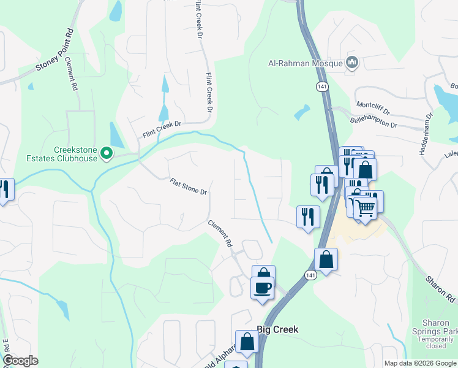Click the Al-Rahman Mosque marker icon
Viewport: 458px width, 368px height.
(352, 63)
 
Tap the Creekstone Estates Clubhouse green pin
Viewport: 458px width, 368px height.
(107, 152)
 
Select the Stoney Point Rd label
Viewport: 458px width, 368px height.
(55, 50)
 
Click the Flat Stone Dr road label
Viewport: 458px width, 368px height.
(189, 187)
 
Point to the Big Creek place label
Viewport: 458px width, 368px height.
(277, 329)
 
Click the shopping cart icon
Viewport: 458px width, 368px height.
(366, 208)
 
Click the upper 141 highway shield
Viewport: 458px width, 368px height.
(321, 86)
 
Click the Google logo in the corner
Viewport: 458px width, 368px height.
(20, 361)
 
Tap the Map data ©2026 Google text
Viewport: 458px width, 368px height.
(420, 363)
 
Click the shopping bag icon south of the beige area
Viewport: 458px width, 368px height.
(326, 259)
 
